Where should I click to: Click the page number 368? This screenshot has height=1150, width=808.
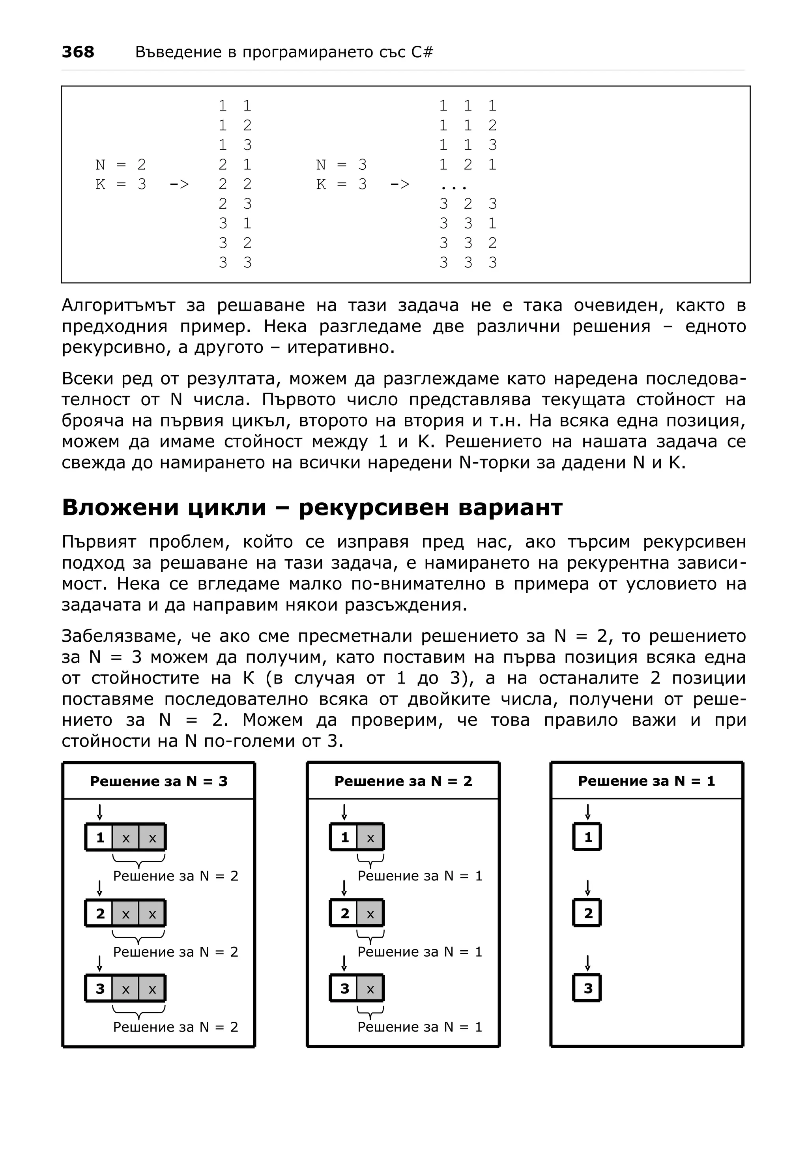click(x=78, y=52)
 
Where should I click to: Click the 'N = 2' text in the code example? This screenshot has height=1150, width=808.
click(x=120, y=164)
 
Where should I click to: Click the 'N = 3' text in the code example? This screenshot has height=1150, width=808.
click(x=341, y=164)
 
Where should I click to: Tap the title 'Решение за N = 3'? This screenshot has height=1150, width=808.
click(x=159, y=781)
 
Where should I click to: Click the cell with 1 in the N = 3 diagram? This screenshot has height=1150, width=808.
click(x=100, y=837)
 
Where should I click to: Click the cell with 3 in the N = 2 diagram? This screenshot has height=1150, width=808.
click(x=344, y=988)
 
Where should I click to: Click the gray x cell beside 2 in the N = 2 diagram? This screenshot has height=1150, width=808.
click(x=370, y=914)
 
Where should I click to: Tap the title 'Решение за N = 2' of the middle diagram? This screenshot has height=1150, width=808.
click(x=403, y=781)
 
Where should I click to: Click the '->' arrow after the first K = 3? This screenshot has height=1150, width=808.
click(x=179, y=184)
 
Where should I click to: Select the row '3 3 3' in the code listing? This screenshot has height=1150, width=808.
click(x=468, y=262)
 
